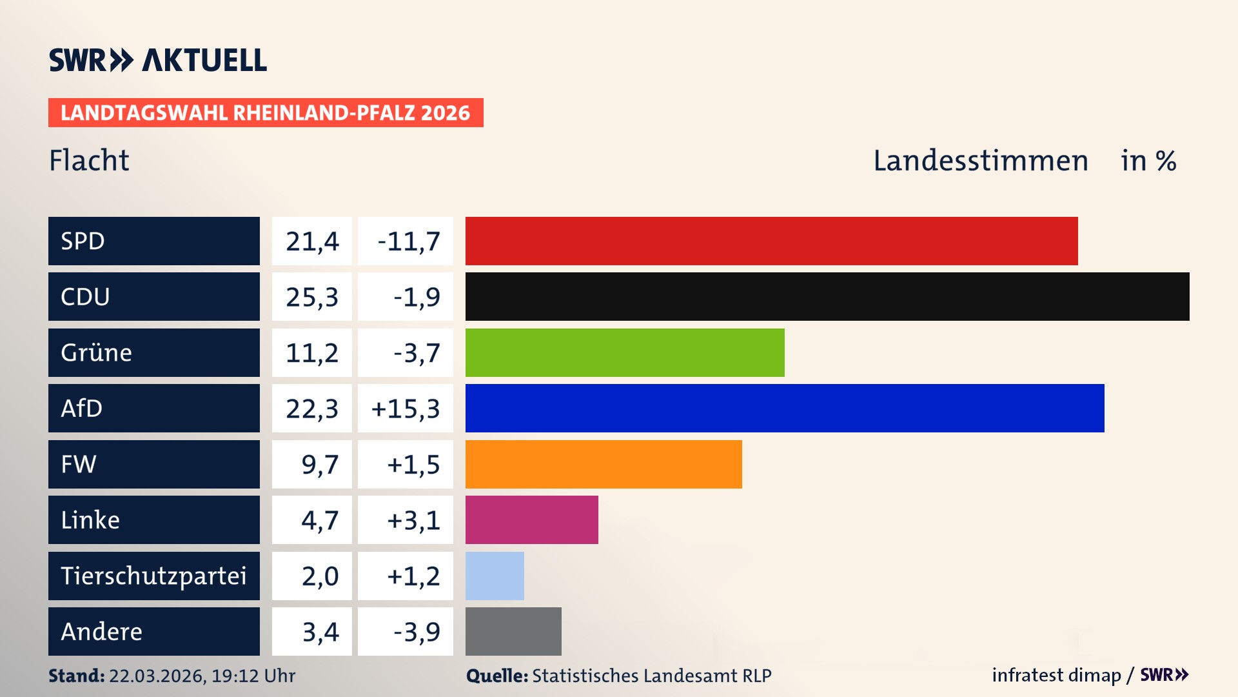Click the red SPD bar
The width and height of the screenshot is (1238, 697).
pyautogui.click(x=771, y=241)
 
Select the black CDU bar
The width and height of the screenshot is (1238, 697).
pyautogui.click(x=827, y=296)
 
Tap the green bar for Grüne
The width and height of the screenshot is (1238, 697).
pyautogui.click(x=625, y=352)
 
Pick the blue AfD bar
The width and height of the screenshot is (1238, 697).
pyautogui.click(x=785, y=408)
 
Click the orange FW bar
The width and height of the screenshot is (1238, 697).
pyautogui.click(x=604, y=464)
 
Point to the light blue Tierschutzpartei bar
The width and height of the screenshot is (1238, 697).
pyautogui.click(x=495, y=576)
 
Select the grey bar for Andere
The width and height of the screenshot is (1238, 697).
pyautogui.click(x=513, y=631)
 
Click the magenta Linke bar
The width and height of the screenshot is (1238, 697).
pyautogui.click(x=531, y=520)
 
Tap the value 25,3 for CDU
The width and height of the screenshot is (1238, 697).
pyautogui.click(x=312, y=297)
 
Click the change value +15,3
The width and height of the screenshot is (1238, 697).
pyautogui.click(x=406, y=409)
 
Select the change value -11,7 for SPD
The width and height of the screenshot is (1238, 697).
pyautogui.click(x=408, y=241)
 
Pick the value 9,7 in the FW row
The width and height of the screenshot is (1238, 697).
pyautogui.click(x=320, y=465)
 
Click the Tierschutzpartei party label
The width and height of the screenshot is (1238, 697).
pyautogui.click(x=153, y=576)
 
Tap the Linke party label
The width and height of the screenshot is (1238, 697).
pyautogui.click(x=90, y=520)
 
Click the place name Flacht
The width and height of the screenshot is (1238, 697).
pyautogui.click(x=89, y=160)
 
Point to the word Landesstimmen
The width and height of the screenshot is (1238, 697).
pyautogui.click(x=980, y=160)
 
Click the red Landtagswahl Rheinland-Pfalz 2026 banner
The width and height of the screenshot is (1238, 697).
pyautogui.click(x=266, y=112)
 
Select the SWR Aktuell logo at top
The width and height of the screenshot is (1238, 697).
pyautogui.click(x=158, y=60)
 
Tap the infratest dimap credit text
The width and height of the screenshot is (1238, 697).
pyautogui.click(x=1056, y=675)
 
